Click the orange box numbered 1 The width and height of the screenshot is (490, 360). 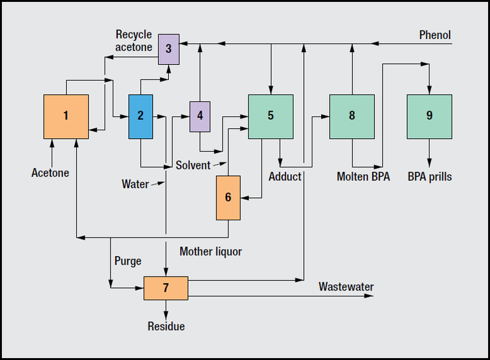(66, 116)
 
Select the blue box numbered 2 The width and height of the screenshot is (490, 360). (140, 116)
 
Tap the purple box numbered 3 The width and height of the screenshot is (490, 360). (168, 48)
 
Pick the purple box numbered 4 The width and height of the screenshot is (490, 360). (199, 116)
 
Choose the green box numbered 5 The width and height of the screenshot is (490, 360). (270, 116)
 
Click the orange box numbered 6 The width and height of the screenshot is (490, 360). (228, 197)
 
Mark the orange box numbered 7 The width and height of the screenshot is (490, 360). (166, 288)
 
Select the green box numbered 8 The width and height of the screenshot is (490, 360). (352, 116)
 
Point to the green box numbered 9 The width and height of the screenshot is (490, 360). (429, 116)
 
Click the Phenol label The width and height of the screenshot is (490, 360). (435, 34)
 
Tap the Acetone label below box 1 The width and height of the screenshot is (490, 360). (50, 173)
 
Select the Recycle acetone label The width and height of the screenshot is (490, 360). (134, 40)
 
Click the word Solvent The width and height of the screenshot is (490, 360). (193, 165)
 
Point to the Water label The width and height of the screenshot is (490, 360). (135, 183)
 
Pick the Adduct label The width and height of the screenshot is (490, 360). (285, 177)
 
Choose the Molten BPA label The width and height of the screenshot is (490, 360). (364, 177)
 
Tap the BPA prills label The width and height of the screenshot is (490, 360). (430, 177)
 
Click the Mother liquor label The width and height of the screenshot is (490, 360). (211, 251)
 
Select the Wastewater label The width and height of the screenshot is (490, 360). (346, 287)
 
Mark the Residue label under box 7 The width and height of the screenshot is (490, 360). (166, 326)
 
